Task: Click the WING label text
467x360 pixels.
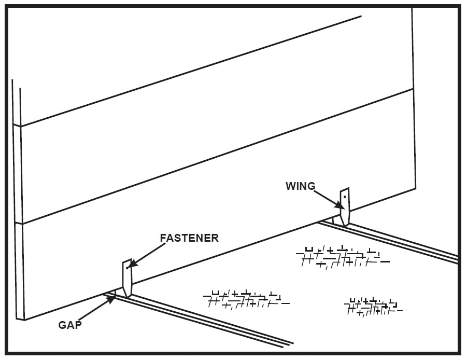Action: tap(300, 186)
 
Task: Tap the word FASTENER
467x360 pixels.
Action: tap(189, 238)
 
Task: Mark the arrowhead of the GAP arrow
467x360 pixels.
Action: tap(114, 297)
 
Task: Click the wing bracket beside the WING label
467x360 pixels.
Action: tap(345, 207)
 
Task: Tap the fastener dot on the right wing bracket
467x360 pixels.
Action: tap(345, 197)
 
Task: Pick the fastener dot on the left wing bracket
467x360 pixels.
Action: tap(127, 268)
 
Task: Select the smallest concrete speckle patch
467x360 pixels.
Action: tap(373, 307)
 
